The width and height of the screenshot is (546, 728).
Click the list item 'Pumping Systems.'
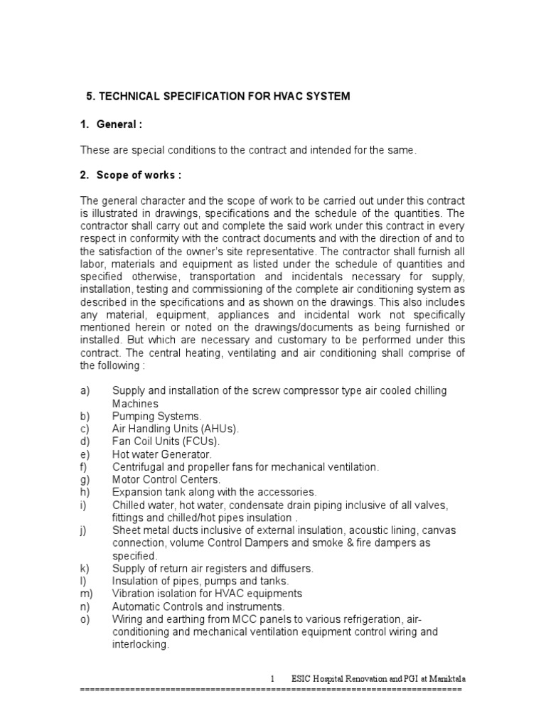click(x=156, y=416)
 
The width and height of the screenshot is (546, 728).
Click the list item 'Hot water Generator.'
click(x=161, y=454)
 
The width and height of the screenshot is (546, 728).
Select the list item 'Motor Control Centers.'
click(x=166, y=480)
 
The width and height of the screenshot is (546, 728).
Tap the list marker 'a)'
click(x=85, y=391)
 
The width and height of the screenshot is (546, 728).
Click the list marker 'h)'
click(x=85, y=492)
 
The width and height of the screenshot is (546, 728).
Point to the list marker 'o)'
click(x=85, y=619)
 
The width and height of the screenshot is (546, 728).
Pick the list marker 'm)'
click(x=86, y=594)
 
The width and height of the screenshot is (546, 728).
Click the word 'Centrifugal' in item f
click(x=137, y=467)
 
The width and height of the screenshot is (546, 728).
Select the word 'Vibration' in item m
click(x=133, y=594)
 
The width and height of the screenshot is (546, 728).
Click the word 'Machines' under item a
click(x=134, y=403)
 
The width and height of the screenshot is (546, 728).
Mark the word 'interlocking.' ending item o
click(x=140, y=644)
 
